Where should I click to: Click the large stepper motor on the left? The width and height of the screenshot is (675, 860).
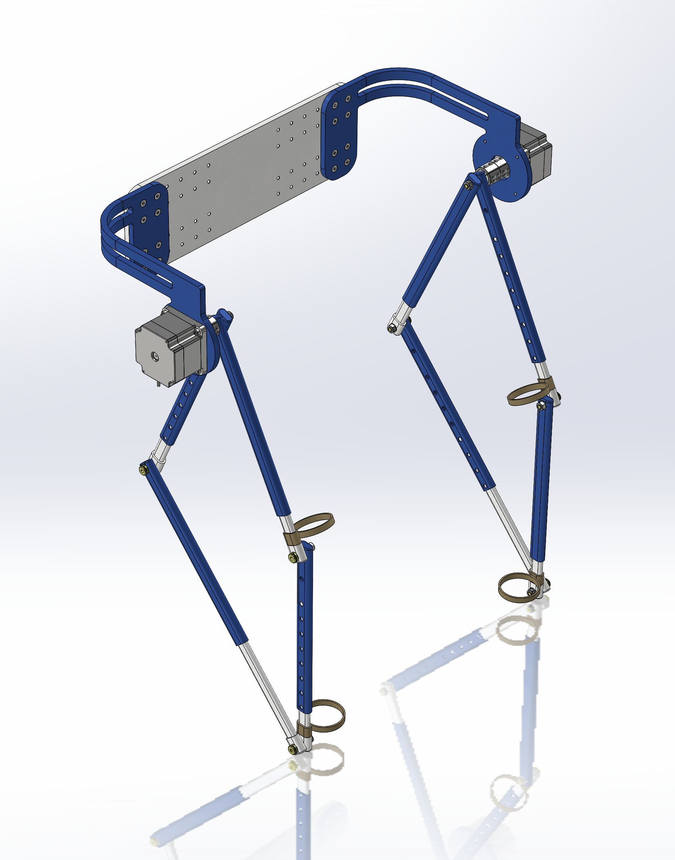pyautogui.click(x=166, y=345)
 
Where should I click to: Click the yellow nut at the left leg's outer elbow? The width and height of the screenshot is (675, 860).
pyautogui.click(x=143, y=470)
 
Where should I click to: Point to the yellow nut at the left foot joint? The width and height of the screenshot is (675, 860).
pyautogui.click(x=292, y=749)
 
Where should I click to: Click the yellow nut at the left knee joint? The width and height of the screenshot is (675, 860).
pyautogui.click(x=293, y=557)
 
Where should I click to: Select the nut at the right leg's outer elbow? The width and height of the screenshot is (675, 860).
pyautogui.click(x=391, y=328)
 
